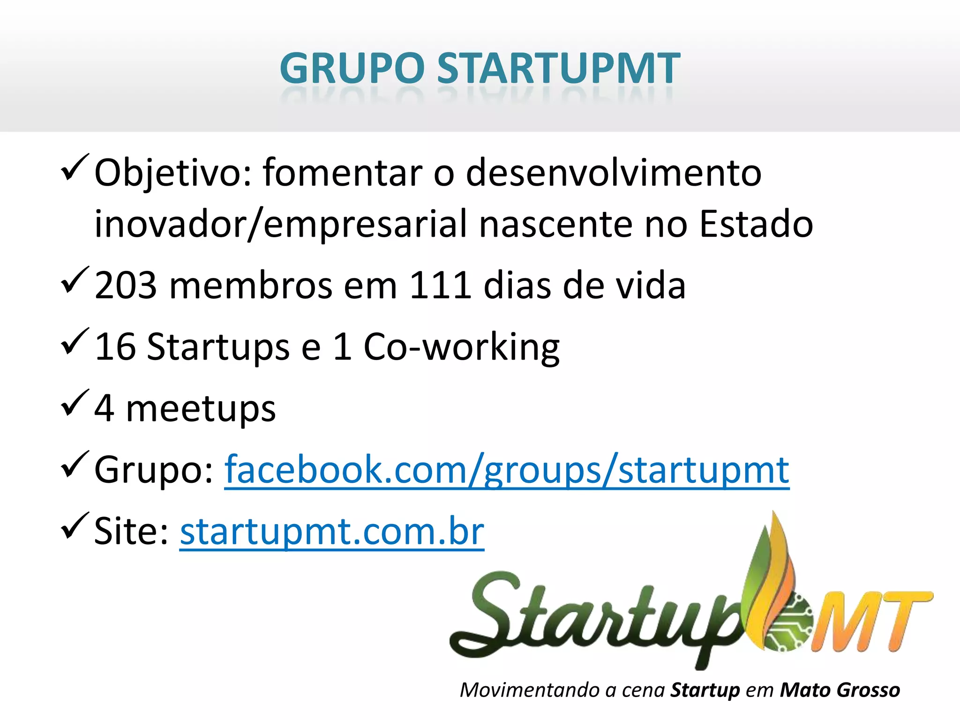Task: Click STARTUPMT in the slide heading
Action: point(558,68)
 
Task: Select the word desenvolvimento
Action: point(614,172)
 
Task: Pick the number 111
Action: point(440,285)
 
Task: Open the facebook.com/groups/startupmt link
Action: point(507,470)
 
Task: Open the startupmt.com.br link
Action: point(332,532)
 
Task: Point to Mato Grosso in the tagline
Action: point(840,690)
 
